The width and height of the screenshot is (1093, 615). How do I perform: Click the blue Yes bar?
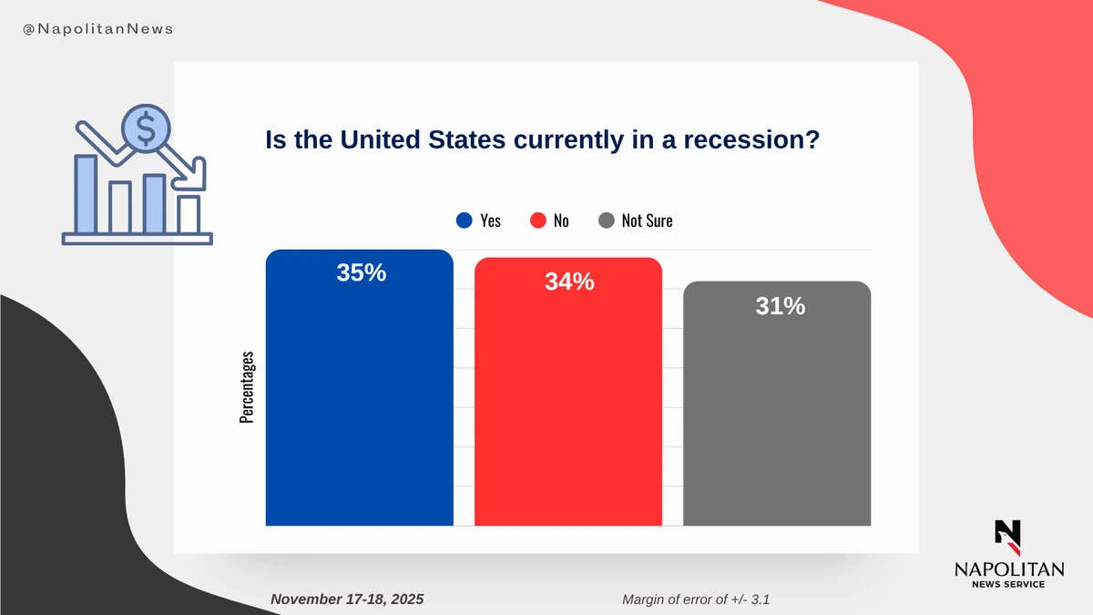pyautogui.click(x=359, y=401)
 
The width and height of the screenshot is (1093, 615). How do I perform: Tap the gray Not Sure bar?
pyautogui.click(x=777, y=419)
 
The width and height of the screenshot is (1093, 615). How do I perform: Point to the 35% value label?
pyautogui.click(x=362, y=272)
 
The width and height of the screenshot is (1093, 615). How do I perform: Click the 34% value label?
pyautogui.click(x=570, y=282)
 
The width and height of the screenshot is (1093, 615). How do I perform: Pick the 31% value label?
pyautogui.click(x=780, y=307)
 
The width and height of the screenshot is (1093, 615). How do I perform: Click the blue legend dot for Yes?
pyautogui.click(x=464, y=220)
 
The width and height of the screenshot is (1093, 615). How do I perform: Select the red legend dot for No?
pyautogui.click(x=537, y=220)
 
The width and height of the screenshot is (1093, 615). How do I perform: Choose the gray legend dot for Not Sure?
pyautogui.click(x=607, y=220)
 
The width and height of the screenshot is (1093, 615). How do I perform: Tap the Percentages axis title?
pyautogui.click(x=247, y=387)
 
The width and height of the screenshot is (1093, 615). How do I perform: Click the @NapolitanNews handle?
pyautogui.click(x=97, y=29)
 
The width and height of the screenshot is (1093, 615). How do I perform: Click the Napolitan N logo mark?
pyautogui.click(x=1008, y=537)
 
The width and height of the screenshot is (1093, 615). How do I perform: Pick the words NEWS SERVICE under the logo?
pyautogui.click(x=1008, y=583)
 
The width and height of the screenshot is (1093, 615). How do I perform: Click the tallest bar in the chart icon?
pyautogui.click(x=86, y=193)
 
